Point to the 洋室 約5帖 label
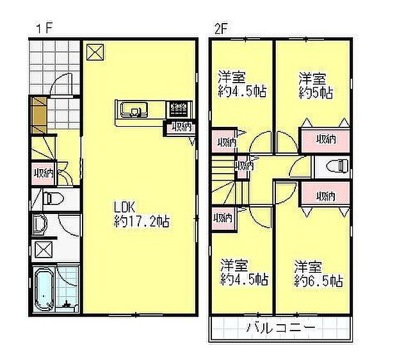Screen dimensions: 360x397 [x=313, y=85]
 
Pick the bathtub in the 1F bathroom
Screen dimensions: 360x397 [x=44, y=290]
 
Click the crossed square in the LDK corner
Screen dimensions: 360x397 [x=95, y=51]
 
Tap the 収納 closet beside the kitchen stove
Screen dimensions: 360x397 [x=180, y=127]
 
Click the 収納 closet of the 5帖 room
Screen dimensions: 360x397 [x=325, y=139]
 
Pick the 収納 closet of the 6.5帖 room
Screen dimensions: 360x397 [x=325, y=195]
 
